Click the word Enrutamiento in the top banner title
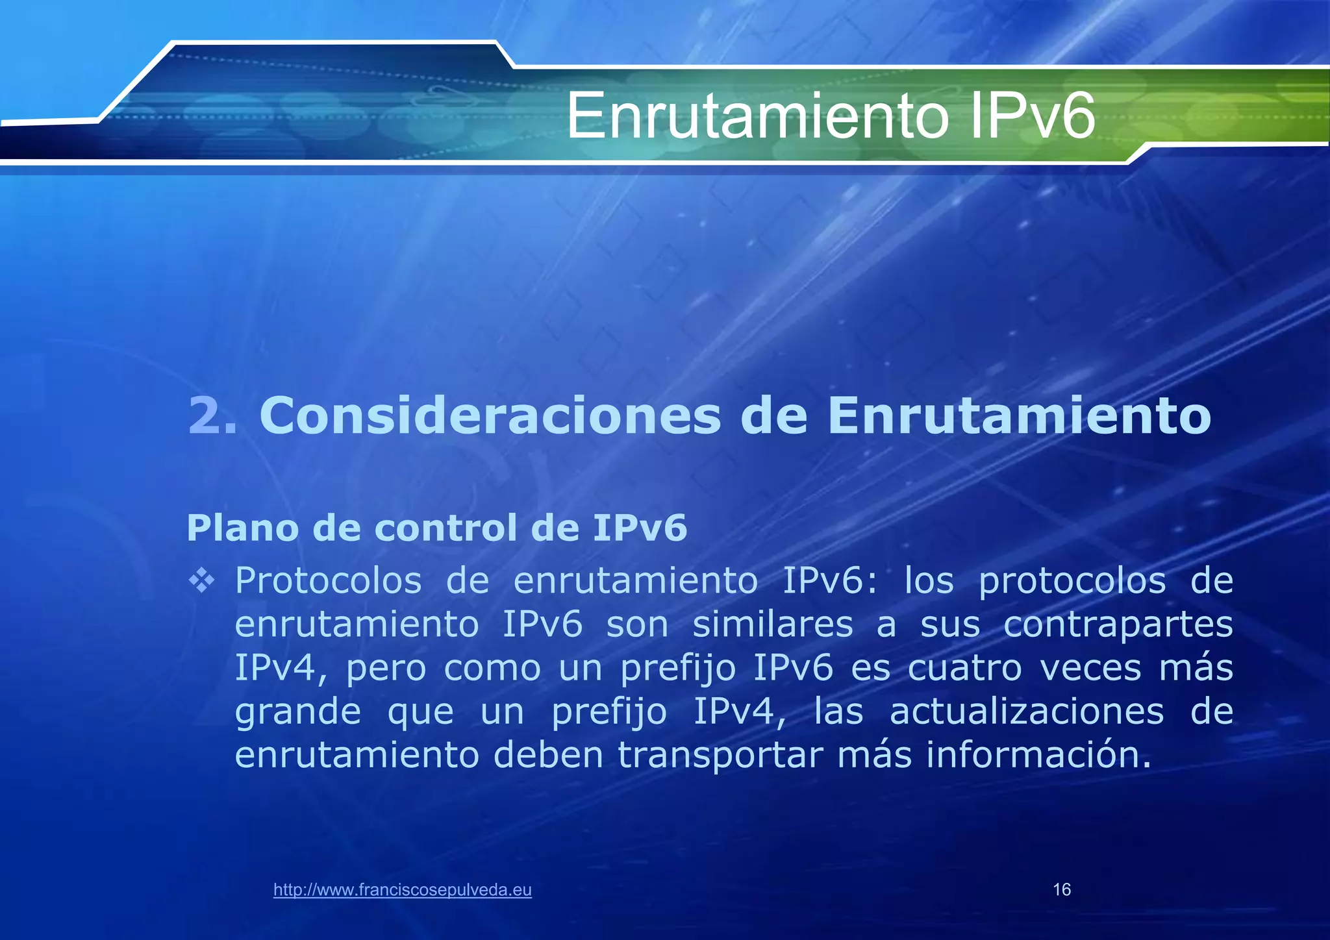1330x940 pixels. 757,117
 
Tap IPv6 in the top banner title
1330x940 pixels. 1033,117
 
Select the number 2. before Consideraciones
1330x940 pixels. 212,415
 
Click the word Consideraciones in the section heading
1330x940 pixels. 490,415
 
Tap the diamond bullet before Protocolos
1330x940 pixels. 201,580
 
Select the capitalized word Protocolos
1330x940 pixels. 328,581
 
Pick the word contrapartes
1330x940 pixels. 1118,626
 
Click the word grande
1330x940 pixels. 297,713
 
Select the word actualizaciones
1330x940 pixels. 1027,711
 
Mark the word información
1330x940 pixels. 1038,755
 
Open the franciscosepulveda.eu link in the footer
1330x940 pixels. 403,890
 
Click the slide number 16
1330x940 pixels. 1062,890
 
